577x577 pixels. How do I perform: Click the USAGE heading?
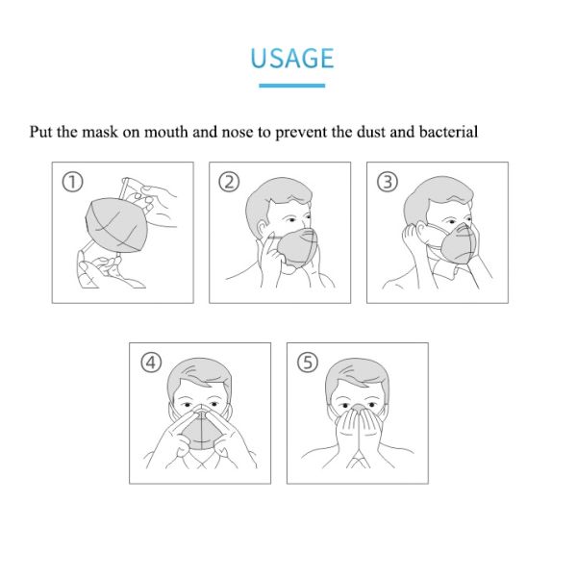(x=291, y=59)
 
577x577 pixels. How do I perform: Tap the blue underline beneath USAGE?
(x=291, y=86)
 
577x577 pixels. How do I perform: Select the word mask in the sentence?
(x=99, y=132)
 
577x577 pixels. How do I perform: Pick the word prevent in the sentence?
(x=301, y=134)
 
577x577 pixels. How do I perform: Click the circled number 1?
(x=72, y=182)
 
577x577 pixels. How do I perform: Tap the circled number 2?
(x=229, y=182)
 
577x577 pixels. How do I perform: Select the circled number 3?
(x=388, y=182)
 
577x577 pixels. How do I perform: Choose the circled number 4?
(x=151, y=363)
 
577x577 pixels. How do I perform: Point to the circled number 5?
(x=308, y=363)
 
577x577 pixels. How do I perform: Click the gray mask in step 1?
(x=116, y=225)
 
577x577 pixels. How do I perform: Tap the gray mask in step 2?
(x=297, y=247)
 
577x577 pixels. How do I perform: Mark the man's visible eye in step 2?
(x=291, y=220)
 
